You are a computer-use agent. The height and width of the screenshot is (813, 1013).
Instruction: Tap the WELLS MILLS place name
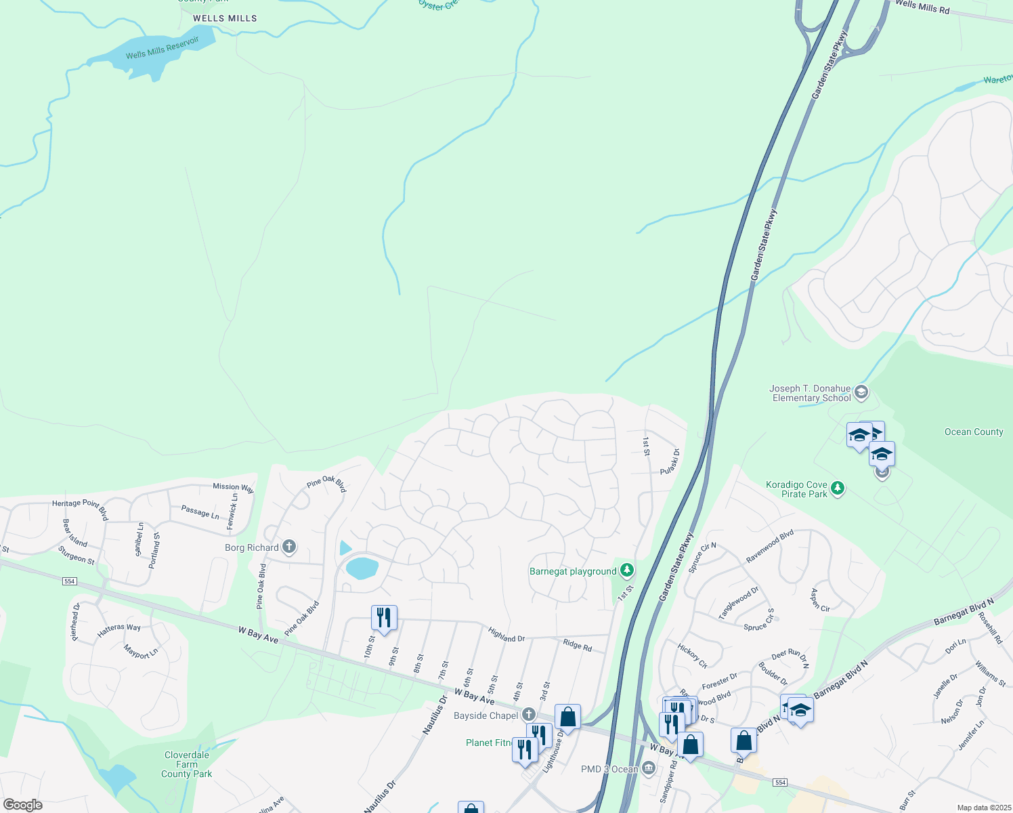click(225, 18)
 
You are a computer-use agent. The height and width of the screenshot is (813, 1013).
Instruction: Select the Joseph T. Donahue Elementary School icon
click(861, 392)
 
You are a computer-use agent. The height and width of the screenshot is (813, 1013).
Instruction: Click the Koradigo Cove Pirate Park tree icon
click(838, 488)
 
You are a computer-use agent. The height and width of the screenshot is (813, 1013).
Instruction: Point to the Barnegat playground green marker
click(628, 570)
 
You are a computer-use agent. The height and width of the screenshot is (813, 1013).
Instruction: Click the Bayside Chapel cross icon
click(529, 715)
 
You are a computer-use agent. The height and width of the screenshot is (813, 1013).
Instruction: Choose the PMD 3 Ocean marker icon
click(649, 768)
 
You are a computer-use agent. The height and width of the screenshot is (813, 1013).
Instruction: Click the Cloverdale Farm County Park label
click(187, 764)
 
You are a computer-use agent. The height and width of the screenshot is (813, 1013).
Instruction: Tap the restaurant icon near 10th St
click(384, 618)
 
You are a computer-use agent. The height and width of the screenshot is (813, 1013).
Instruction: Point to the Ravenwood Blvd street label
click(770, 547)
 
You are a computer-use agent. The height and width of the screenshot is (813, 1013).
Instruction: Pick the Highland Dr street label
click(506, 635)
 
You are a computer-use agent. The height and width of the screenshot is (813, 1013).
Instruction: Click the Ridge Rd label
click(577, 645)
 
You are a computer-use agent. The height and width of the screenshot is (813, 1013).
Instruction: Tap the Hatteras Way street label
click(119, 629)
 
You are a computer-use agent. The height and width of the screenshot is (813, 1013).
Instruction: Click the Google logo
click(23, 805)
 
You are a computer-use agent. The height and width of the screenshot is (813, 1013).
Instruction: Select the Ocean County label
click(974, 432)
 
